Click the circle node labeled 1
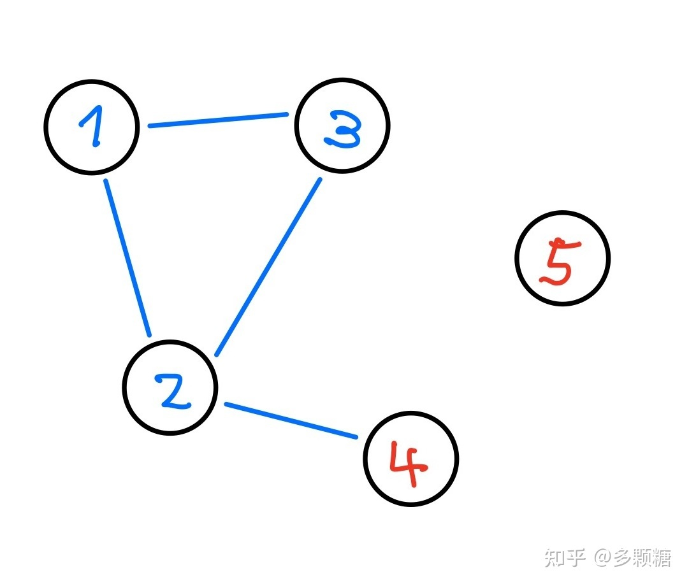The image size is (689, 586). pos(92,127)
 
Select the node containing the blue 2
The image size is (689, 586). pos(170,388)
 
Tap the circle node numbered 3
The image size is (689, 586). pos(342,125)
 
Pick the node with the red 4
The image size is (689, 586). pos(411,459)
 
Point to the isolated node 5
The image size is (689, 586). pos(563,258)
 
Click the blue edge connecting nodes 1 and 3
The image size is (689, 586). pos(218,120)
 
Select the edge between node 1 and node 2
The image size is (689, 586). pos(127,258)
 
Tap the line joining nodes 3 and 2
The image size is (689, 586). pos(268,268)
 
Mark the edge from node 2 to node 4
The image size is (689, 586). pos(291,420)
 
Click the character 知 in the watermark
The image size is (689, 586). pos(556,558)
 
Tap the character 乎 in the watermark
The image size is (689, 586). pos(576,558)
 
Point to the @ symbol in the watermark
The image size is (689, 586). pos(603,559)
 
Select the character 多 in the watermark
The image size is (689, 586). pos(623,558)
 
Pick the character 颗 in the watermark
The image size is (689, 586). pos(642,558)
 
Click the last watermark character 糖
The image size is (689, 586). pos(662,558)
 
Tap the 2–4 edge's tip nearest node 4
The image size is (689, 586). pos(356,437)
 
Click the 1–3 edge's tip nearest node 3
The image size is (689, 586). pos(287,115)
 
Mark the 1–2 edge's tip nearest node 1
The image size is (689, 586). pos(106,182)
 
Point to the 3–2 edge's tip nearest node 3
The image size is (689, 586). pos(320,180)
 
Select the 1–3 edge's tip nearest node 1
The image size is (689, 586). pos(150,126)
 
